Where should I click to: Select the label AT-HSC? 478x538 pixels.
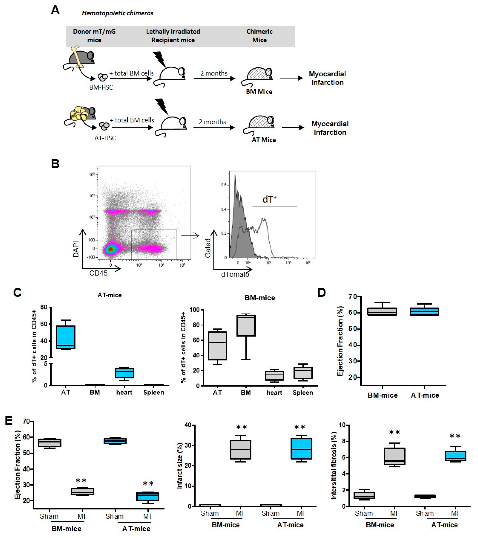coord(105,138)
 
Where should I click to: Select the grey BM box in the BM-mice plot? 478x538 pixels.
coord(246,326)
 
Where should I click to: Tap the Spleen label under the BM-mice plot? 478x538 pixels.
coord(303,392)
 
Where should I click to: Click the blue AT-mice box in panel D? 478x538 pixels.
coord(425,311)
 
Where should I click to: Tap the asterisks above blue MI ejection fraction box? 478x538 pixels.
coord(148,483)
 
